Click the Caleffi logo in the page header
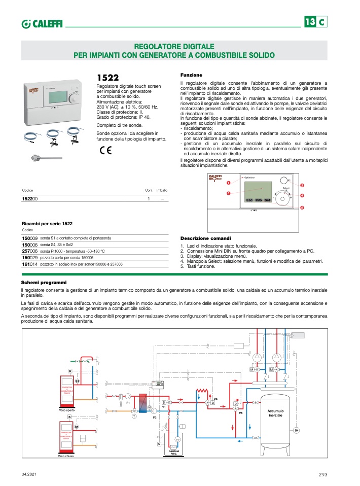tap(42, 23)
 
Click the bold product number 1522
tap(107, 78)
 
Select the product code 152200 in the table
tap(30, 199)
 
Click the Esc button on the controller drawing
tap(249, 200)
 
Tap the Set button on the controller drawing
tap(267, 200)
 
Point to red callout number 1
tap(228, 182)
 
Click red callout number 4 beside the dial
tap(302, 195)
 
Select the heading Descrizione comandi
tap(206, 238)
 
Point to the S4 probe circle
tap(297, 431)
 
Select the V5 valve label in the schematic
tap(241, 412)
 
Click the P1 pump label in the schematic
tap(128, 402)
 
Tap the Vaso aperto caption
tap(67, 409)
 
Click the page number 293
tap(323, 474)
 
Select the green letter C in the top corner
tap(322, 22)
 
